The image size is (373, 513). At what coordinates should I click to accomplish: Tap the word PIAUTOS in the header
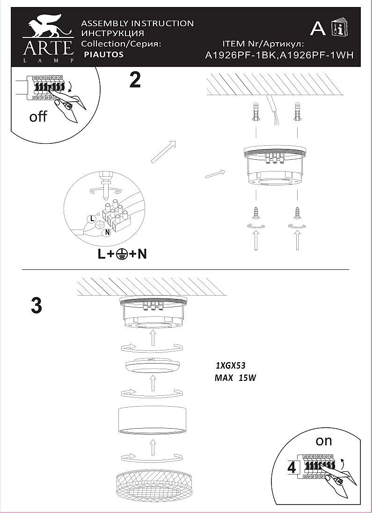coord(103,54)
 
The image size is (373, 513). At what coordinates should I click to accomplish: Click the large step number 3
coord(37,305)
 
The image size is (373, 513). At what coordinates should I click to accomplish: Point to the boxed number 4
coord(291,468)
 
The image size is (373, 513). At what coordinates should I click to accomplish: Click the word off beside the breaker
coord(38,116)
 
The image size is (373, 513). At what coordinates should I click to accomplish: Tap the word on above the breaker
coord(323,441)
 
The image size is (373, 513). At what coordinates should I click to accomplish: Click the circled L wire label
coord(92,218)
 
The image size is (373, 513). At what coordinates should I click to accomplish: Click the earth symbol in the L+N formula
coord(122,254)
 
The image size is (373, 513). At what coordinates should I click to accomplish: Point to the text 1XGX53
coord(230,365)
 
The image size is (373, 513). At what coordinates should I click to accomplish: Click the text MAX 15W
coord(235,378)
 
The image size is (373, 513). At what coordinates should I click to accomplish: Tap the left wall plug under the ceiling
coord(256,112)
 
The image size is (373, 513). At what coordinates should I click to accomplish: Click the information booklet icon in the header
coord(340,27)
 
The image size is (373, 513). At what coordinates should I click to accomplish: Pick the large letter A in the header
coord(318,29)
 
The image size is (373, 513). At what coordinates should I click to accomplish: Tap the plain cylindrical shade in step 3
coord(153,420)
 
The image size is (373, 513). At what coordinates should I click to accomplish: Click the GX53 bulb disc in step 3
coord(153,366)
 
